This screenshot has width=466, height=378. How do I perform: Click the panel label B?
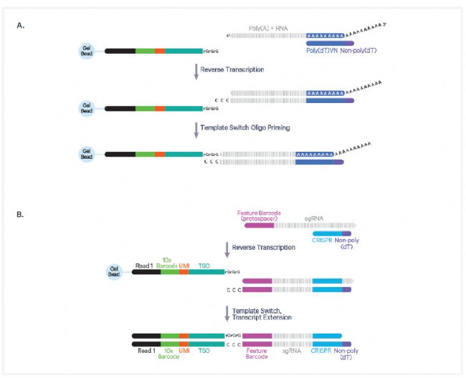point(19,213)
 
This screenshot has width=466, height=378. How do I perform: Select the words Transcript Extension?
point(262,318)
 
